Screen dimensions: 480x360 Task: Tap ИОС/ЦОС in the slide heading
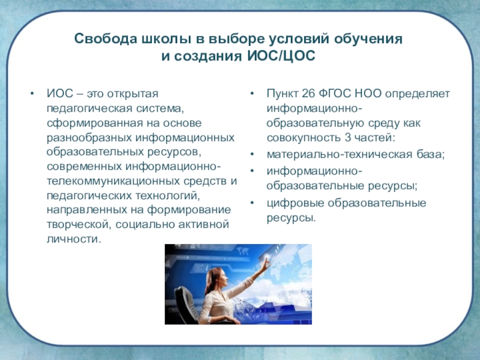pos(281,56)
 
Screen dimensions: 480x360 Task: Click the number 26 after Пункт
pos(308,94)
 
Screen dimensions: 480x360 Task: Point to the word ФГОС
pos(335,94)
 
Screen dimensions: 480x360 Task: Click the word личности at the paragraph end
pos(74,239)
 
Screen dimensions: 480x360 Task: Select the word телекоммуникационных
pos(113,181)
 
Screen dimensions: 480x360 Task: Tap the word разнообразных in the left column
pos(89,137)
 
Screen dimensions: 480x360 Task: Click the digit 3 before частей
pos(347,137)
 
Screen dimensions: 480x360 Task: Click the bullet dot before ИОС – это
pos(32,94)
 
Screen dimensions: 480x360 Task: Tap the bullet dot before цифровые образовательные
pos(252,203)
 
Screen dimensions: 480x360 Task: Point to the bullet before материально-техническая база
pos(252,154)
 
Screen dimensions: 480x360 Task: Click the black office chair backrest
pos(187,303)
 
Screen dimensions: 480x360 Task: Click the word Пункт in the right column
pos(282,94)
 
